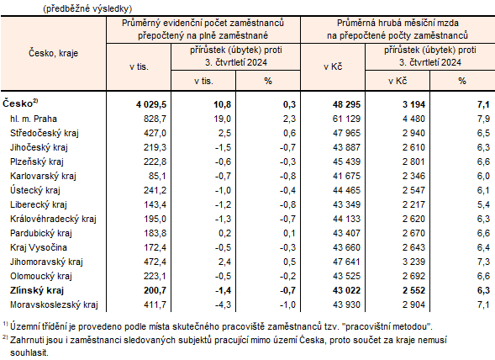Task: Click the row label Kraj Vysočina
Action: tap(39, 246)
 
